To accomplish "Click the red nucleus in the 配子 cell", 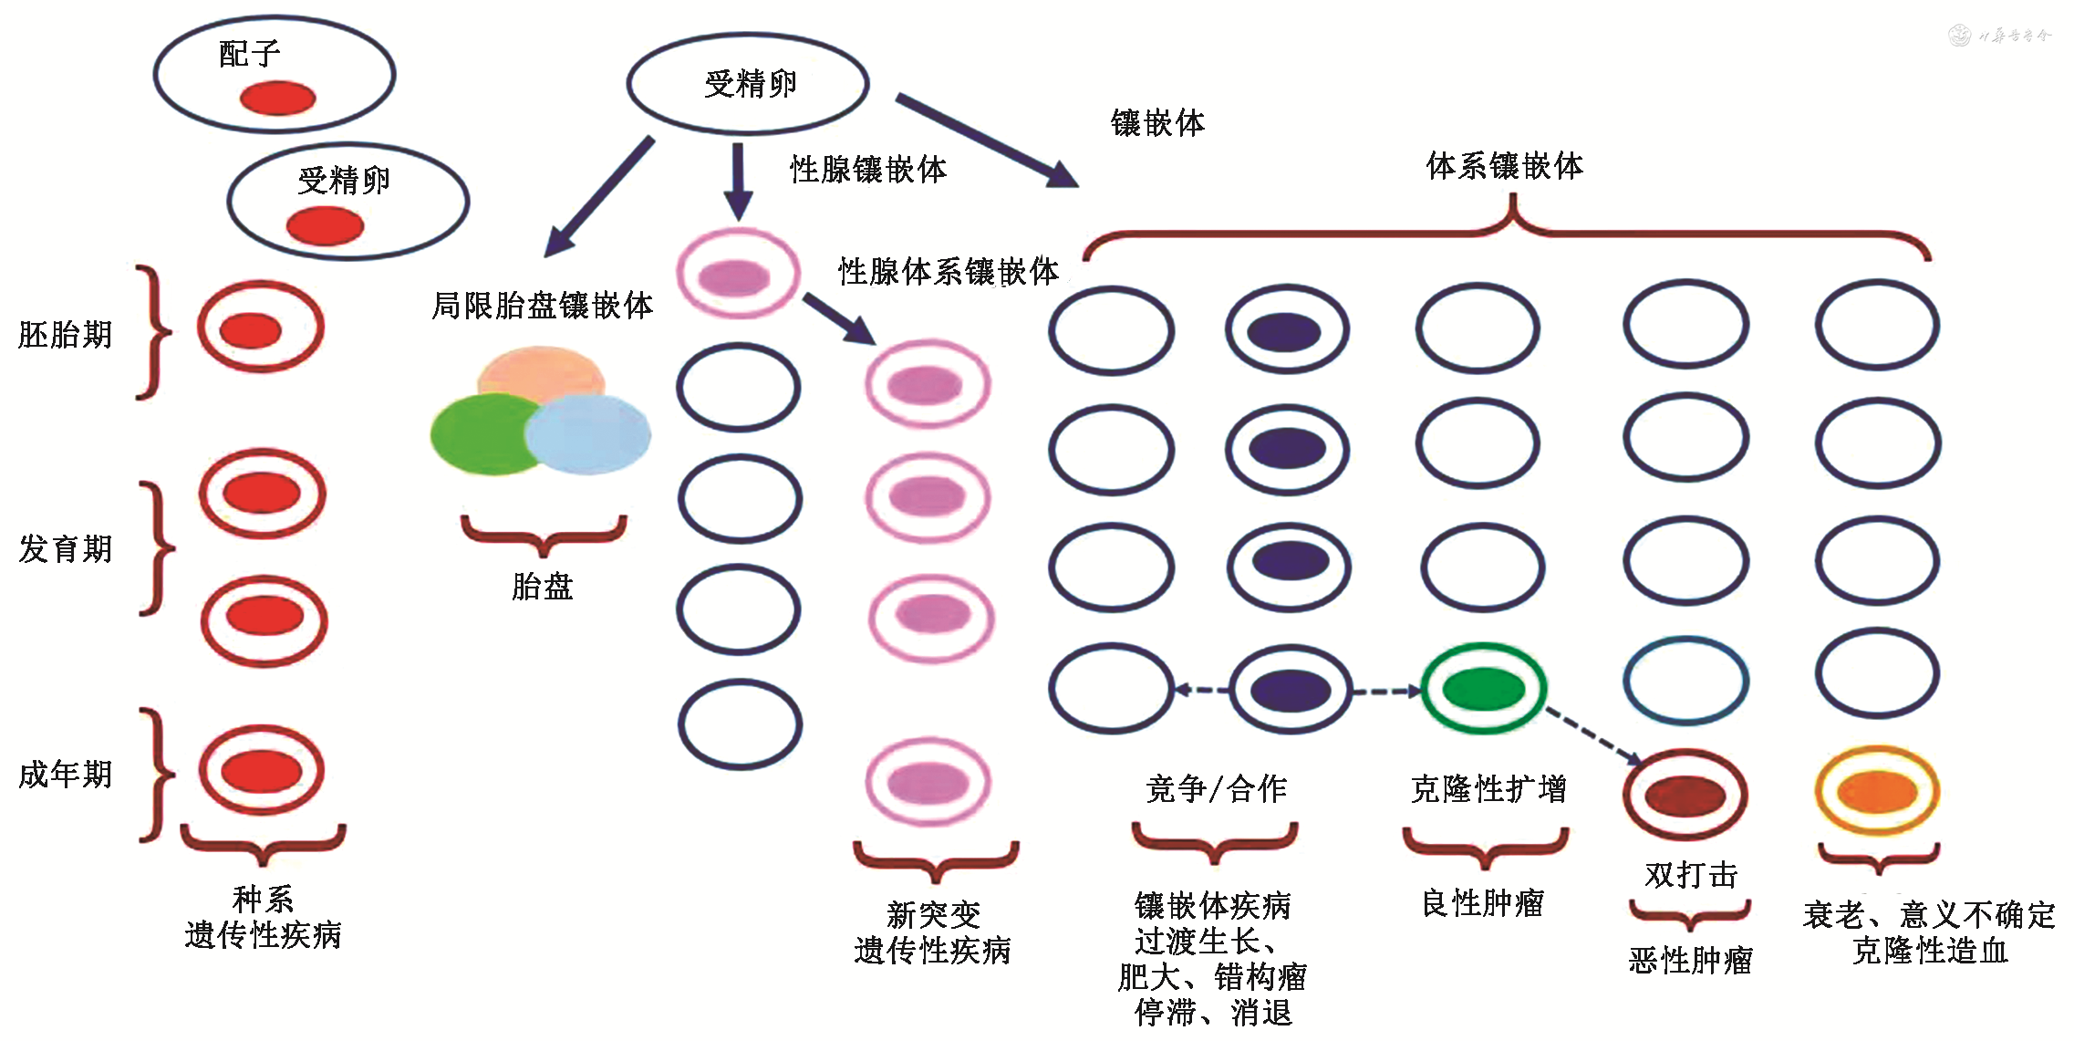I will click(x=277, y=98).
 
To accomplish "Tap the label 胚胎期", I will click(x=66, y=335).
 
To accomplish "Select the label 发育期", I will click(x=66, y=549).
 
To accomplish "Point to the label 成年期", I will click(x=66, y=775).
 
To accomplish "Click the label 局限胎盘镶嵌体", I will click(x=542, y=306).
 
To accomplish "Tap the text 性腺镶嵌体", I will click(x=867, y=170).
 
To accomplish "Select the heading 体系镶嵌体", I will click(x=1504, y=166).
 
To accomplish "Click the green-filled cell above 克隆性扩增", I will click(x=1484, y=689).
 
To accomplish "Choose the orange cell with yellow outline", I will click(x=1877, y=790).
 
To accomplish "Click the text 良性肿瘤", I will click(x=1483, y=903).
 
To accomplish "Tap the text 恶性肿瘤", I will click(x=1690, y=961).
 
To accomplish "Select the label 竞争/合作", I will click(x=1216, y=789).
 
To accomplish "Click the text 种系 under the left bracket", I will click(x=263, y=900).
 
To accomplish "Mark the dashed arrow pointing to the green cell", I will click(x=1386, y=692).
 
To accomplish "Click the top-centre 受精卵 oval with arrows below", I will click(x=748, y=84).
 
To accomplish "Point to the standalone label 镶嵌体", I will click(x=1157, y=123).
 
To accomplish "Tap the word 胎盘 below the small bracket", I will click(x=542, y=587).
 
